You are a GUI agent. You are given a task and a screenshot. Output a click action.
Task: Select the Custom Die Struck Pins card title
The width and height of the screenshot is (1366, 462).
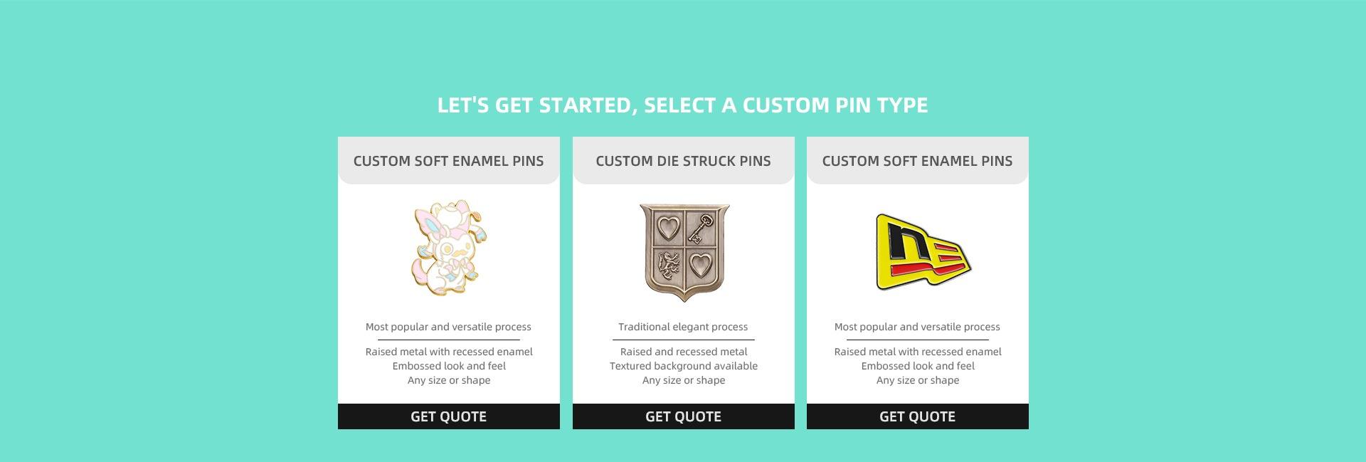coord(683,161)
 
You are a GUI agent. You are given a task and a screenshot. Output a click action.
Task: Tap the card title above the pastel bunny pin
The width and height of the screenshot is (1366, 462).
coord(448,161)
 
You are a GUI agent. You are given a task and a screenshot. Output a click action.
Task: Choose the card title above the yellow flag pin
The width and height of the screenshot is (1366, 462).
coord(917,161)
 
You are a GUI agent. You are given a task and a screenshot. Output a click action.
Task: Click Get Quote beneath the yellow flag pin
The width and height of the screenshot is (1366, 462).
coord(917,416)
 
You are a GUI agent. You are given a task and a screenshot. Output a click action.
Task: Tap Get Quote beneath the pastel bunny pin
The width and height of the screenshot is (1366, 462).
coord(448,416)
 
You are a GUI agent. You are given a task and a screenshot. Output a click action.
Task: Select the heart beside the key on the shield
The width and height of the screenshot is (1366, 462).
coord(667,229)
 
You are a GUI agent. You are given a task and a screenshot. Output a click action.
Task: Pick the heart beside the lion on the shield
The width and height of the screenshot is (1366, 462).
coord(701,266)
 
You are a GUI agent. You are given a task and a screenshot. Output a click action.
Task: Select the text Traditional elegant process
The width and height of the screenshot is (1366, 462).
coord(683,327)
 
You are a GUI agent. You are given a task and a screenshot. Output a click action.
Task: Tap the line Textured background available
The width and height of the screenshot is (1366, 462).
coord(683,366)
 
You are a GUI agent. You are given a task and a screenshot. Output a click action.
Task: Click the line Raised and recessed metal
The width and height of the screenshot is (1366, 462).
coord(683,352)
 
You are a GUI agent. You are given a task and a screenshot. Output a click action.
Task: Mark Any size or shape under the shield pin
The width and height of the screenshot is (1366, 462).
coord(683,380)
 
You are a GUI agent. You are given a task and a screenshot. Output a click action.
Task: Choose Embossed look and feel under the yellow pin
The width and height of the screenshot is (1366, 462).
coord(917,366)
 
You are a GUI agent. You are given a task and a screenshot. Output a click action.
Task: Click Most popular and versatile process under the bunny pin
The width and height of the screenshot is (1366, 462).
coord(448,327)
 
